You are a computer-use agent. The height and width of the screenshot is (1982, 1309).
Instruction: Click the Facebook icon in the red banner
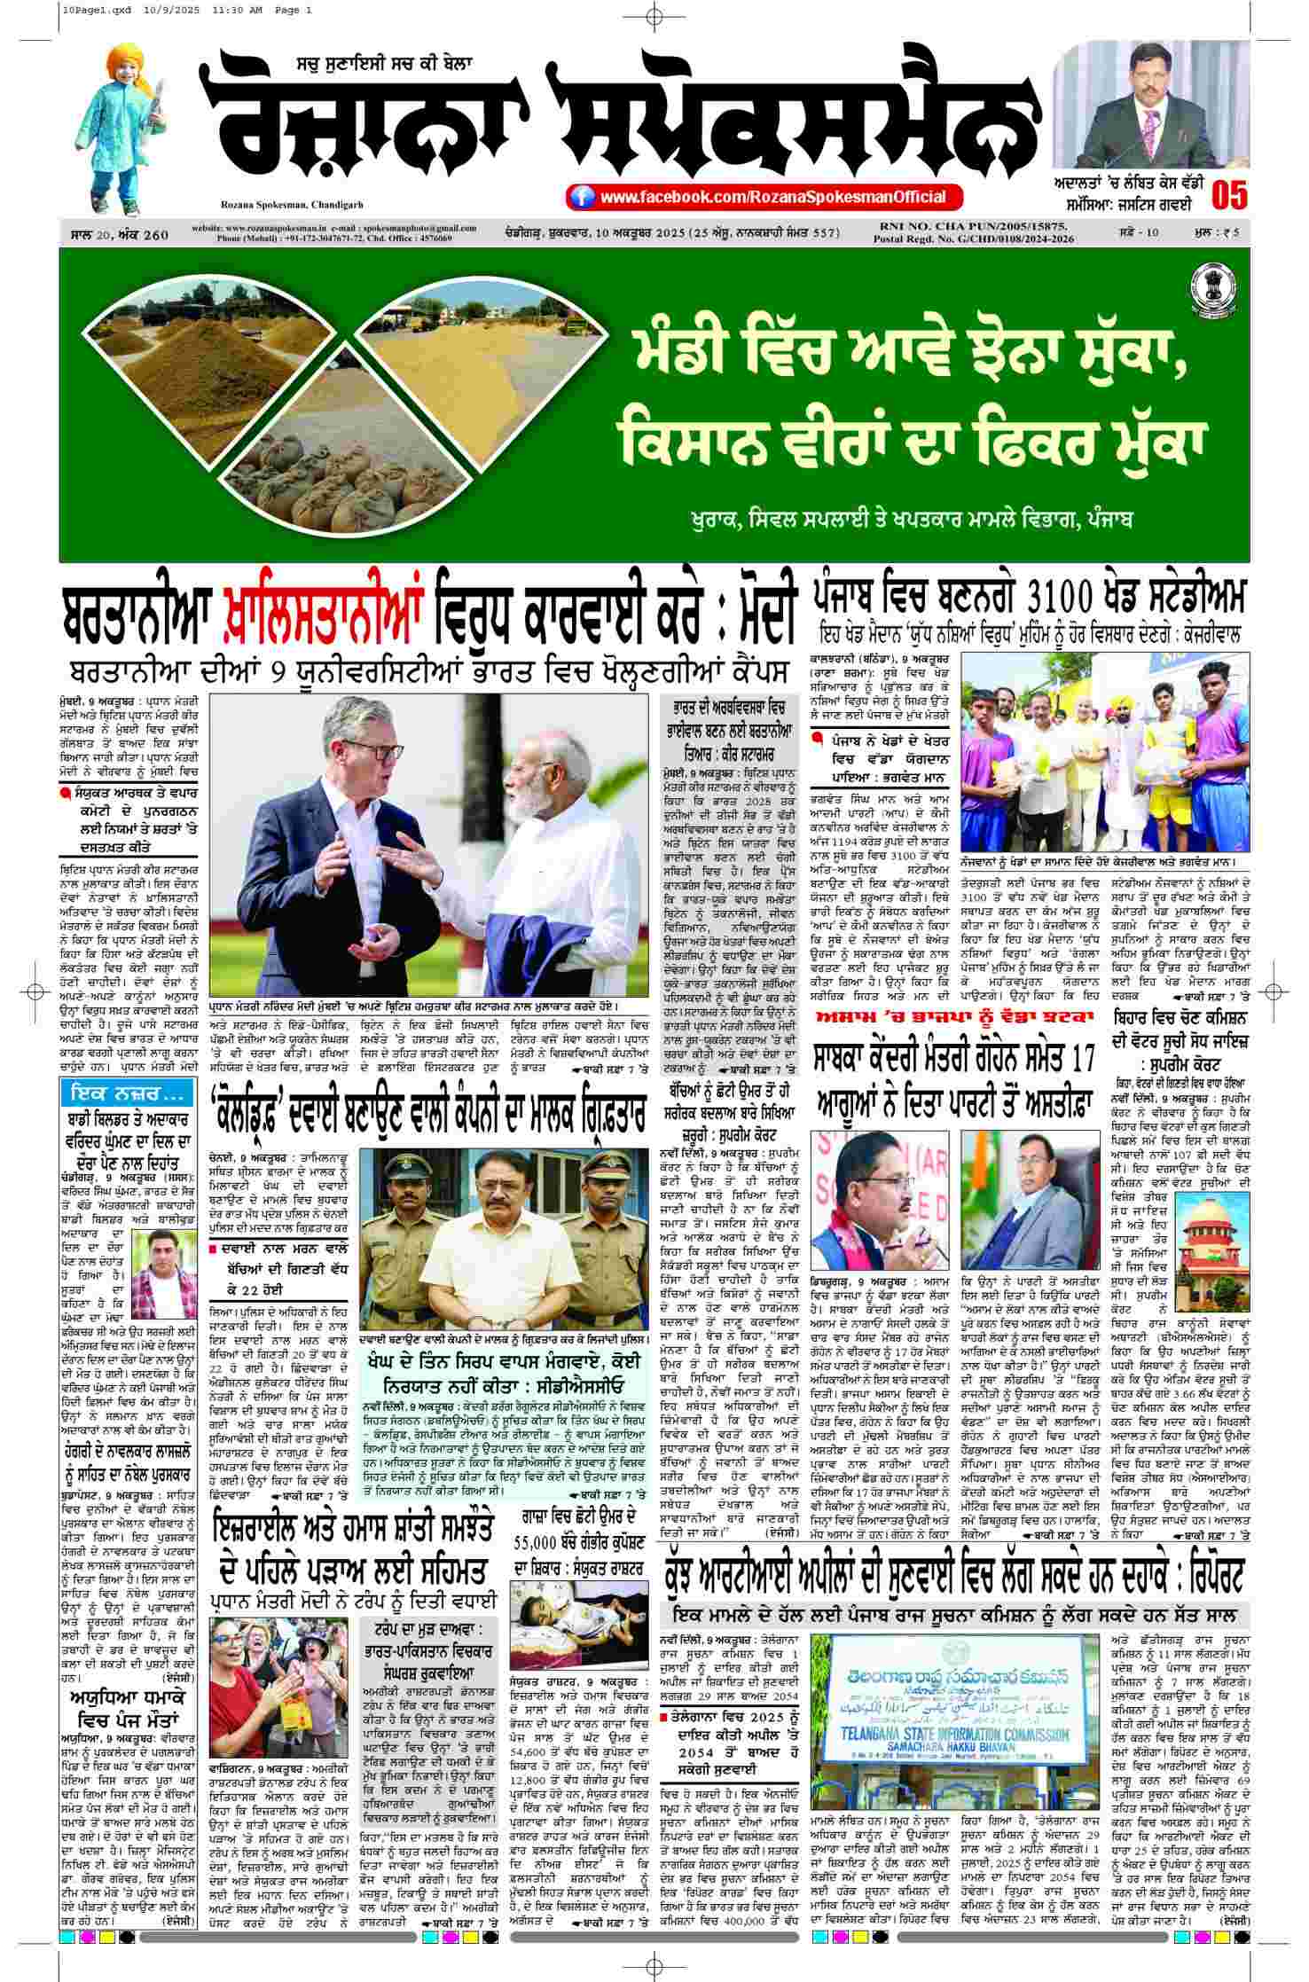581,197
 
